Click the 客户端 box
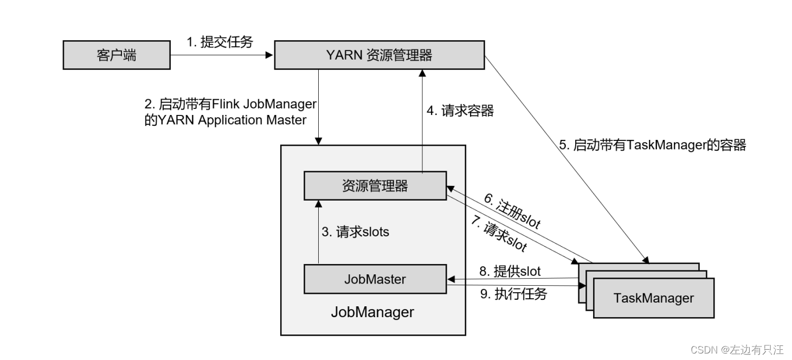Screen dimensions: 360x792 click(x=117, y=55)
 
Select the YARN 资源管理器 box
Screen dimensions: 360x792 click(x=379, y=55)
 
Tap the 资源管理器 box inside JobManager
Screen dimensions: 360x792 click(x=375, y=186)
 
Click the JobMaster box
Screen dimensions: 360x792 click(x=375, y=279)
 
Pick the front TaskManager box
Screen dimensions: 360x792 click(x=653, y=298)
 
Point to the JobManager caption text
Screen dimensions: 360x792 click(x=372, y=312)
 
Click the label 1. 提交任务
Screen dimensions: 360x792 click(x=220, y=42)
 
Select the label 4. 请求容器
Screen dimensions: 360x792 click(x=460, y=111)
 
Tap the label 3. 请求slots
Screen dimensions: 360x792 click(x=355, y=232)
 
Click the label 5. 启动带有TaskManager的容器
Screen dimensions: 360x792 click(x=653, y=145)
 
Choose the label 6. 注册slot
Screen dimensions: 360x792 click(x=512, y=211)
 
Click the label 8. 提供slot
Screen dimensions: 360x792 click(x=510, y=270)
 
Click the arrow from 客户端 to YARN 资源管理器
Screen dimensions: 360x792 click(x=222, y=55)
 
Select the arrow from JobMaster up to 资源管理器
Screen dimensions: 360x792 click(x=318, y=232)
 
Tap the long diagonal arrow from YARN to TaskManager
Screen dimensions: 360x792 click(x=564, y=157)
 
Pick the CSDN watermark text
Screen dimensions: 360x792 click(x=737, y=349)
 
